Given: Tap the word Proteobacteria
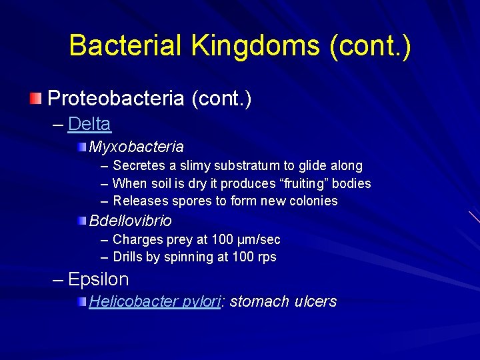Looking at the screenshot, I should click(115, 99).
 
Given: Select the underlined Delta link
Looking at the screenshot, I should click(89, 124).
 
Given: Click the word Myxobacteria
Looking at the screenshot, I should click(137, 146).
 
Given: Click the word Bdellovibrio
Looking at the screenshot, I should click(131, 221).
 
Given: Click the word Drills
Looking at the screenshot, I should click(127, 257).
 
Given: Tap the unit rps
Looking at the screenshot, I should click(267, 257).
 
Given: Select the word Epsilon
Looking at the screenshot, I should click(98, 279).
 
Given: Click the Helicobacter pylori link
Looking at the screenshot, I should click(155, 301).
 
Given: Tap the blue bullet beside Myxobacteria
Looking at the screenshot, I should click(81, 146).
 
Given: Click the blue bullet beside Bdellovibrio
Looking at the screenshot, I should click(81, 221).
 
